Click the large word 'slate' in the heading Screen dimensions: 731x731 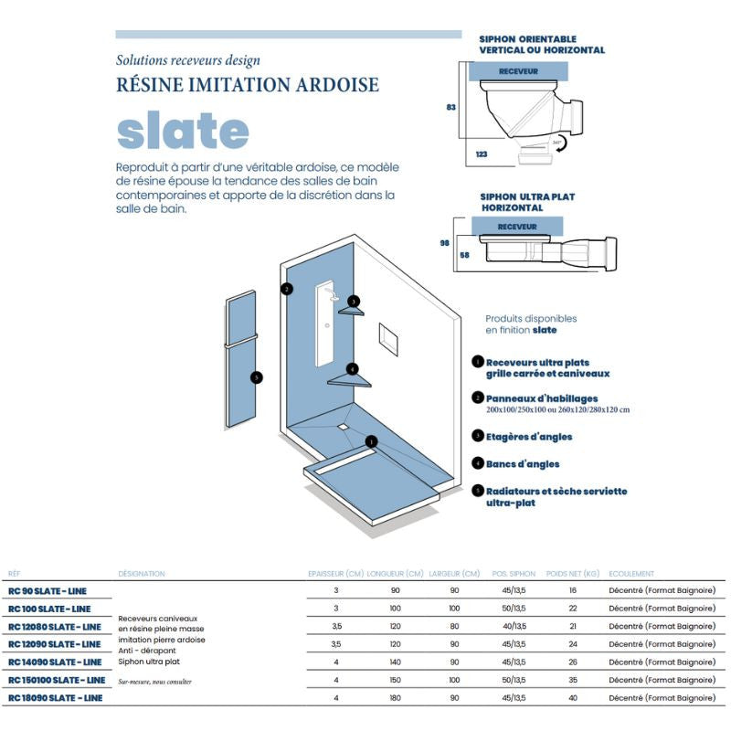pos(183,132)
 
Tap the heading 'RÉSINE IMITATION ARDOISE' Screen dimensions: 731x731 pos(248,85)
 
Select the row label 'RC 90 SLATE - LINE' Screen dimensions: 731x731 pos(47,591)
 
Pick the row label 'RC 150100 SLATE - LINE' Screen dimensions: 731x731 pos(57,680)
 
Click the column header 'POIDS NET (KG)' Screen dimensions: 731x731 pos(572,574)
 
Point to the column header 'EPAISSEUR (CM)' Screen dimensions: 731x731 pos(334,574)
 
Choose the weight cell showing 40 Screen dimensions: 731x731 pos(572,698)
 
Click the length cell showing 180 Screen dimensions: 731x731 pos(395,698)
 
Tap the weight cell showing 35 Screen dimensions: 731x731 pos(572,680)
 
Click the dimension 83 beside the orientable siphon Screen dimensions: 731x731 pos(450,107)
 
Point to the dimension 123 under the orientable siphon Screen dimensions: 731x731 pos(481,155)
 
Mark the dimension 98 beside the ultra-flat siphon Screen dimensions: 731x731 pos(445,243)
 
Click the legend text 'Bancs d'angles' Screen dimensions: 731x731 pos(522,464)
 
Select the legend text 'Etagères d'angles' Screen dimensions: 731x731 pos(528,437)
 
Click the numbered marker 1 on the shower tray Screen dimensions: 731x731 pos(372,441)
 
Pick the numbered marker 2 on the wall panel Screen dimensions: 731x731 pos(287,289)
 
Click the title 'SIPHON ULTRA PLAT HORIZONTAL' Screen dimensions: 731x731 pos(527,202)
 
